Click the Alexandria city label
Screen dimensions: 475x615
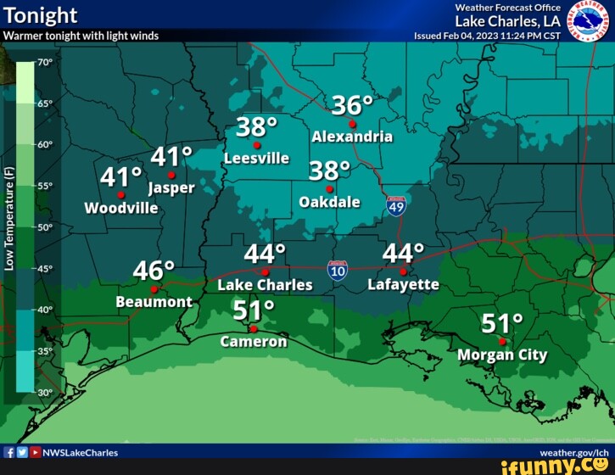pyautogui.click(x=352, y=137)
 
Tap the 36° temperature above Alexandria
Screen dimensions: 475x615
pyautogui.click(x=351, y=105)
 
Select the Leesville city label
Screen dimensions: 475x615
pyautogui.click(x=257, y=159)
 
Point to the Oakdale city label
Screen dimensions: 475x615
pyautogui.click(x=330, y=202)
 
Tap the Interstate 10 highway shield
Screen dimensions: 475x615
pyautogui.click(x=338, y=271)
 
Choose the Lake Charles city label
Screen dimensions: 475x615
pyautogui.click(x=265, y=285)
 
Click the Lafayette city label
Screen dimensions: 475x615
pyautogui.click(x=403, y=285)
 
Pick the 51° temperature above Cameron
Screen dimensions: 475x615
pyautogui.click(x=253, y=309)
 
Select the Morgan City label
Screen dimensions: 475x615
pyautogui.click(x=502, y=355)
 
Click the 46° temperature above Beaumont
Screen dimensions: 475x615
pyautogui.click(x=154, y=271)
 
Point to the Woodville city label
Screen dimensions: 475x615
pyautogui.click(x=121, y=208)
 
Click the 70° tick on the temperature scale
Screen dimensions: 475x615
pyautogui.click(x=45, y=63)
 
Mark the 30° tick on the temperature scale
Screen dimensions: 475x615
pyautogui.click(x=45, y=393)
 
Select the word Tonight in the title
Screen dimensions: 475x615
pyautogui.click(x=40, y=15)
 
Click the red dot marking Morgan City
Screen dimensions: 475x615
pyautogui.click(x=502, y=341)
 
